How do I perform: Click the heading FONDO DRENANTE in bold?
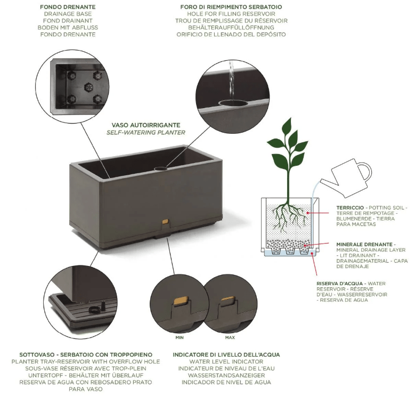(68, 7)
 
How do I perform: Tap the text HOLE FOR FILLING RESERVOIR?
(231, 14)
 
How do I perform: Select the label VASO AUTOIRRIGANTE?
(146, 125)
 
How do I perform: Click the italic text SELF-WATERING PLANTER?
(146, 132)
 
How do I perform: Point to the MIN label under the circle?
(180, 337)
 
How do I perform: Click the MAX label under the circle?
(230, 337)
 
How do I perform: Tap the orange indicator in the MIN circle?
(182, 301)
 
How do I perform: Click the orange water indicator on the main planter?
(166, 221)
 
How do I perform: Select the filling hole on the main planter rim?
(161, 168)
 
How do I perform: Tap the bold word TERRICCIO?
(350, 208)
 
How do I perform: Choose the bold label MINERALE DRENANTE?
(364, 244)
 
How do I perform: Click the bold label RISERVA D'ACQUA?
(339, 284)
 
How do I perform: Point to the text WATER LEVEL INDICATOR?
(226, 361)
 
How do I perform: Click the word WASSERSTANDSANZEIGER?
(226, 375)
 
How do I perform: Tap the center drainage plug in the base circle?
(88, 86)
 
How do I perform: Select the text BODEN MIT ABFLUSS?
(68, 28)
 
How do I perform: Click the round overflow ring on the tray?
(94, 310)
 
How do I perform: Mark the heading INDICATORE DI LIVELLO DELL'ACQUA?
(226, 355)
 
